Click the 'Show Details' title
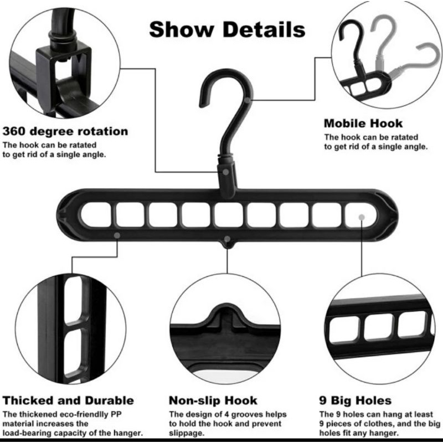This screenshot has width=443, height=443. (x=226, y=29)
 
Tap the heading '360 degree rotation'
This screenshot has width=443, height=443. (x=65, y=132)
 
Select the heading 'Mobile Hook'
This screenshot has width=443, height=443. (x=363, y=123)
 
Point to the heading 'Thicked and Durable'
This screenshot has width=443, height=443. (x=69, y=400)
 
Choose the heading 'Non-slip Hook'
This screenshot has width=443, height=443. (x=213, y=400)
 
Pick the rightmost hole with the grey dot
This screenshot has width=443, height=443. (x=360, y=215)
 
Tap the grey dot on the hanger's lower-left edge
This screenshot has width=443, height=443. (x=117, y=236)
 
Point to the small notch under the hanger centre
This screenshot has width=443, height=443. (x=227, y=239)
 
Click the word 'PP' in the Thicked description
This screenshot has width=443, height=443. (x=128, y=414)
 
